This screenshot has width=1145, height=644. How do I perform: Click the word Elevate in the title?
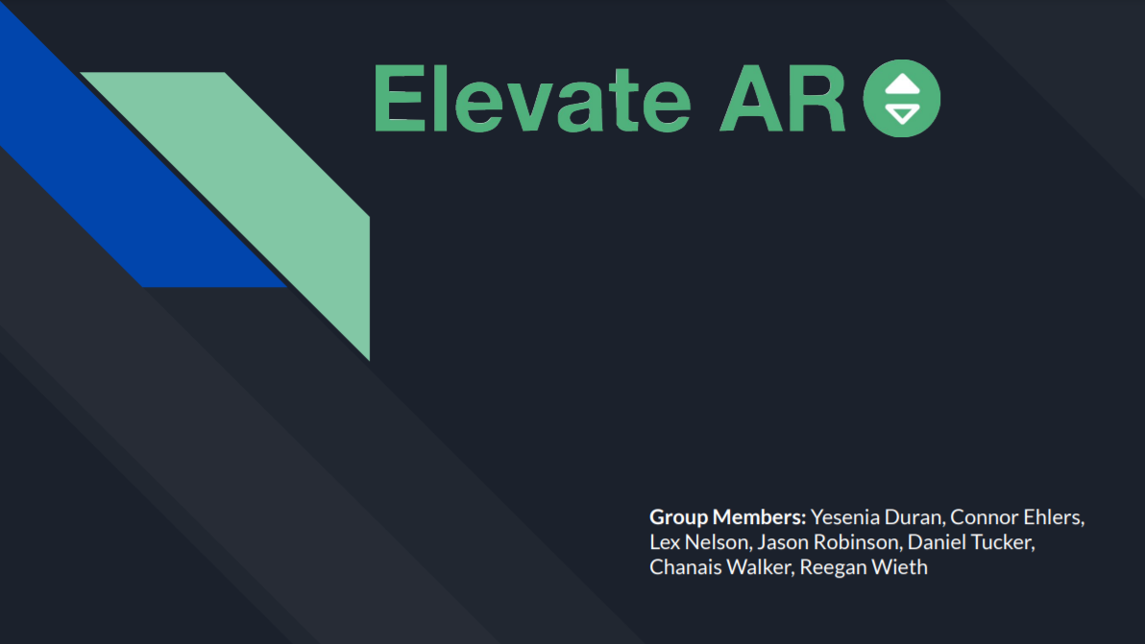(531, 99)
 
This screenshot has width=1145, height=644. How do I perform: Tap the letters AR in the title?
(782, 99)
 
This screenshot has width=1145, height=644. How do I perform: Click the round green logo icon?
(902, 99)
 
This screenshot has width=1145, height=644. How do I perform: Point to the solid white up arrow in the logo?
(903, 84)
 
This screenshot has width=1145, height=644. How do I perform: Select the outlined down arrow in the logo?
(903, 114)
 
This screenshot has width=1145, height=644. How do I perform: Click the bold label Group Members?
(727, 518)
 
